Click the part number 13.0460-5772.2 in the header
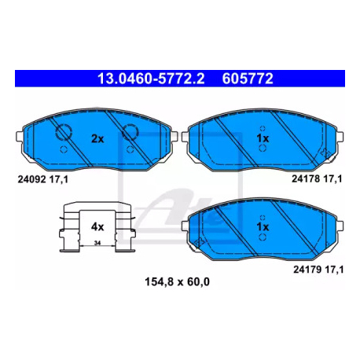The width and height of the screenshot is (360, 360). pos(151,79)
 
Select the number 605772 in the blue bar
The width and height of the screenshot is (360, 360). pos(248,79)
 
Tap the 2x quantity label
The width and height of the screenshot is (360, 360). pos(97,138)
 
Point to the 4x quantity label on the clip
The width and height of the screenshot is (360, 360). pos(97,227)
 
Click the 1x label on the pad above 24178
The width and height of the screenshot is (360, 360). pos(263,138)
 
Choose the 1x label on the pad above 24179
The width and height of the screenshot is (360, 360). pos(263,227)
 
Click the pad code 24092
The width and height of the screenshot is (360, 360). pos(31,179)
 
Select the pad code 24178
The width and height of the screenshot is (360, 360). pos(306,178)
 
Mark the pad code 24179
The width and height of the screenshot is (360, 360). pos(307,270)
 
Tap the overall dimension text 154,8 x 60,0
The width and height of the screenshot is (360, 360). pos(177,282)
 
